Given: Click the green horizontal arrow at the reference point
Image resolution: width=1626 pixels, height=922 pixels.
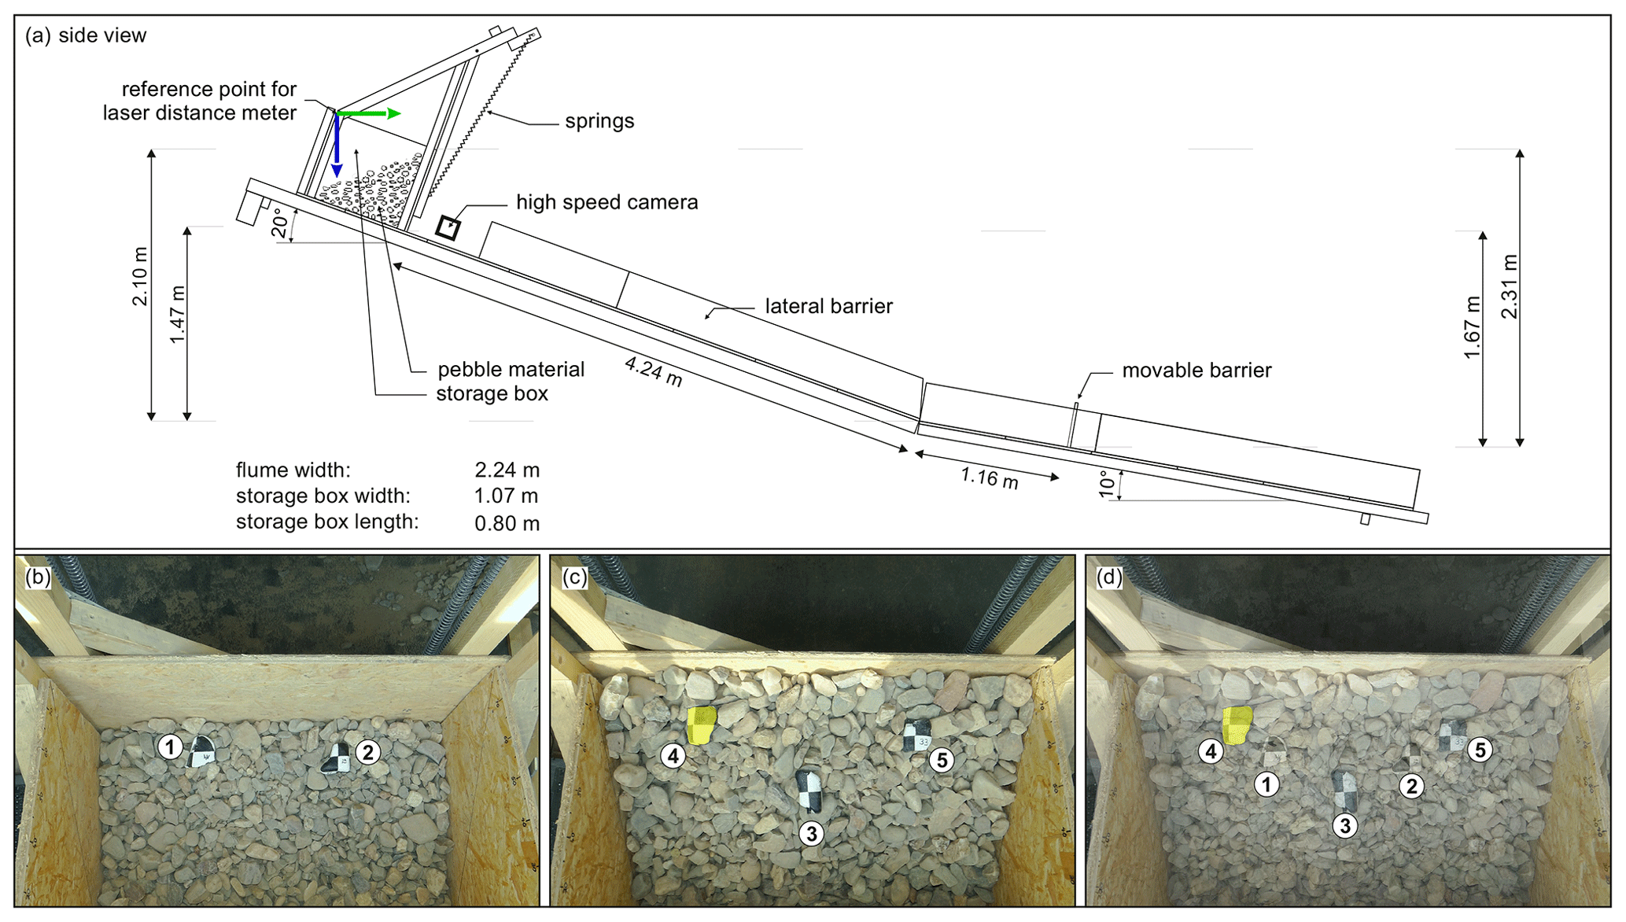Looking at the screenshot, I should [x=369, y=114].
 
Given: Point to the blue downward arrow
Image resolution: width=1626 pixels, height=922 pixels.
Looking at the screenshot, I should [x=337, y=146].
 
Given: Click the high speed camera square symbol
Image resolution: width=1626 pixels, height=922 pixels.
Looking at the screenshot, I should [x=448, y=227].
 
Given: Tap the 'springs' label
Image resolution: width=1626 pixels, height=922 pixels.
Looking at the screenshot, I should [x=599, y=121].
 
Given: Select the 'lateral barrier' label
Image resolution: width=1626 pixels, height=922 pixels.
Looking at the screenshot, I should [x=828, y=306].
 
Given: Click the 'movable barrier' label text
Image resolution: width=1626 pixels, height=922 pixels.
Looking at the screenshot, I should [x=1196, y=371].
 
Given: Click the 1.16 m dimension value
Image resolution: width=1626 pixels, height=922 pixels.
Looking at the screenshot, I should [x=989, y=478].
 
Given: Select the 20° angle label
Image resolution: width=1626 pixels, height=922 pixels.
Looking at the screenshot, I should [x=281, y=223].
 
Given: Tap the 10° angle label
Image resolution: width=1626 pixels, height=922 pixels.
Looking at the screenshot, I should [x=1108, y=484].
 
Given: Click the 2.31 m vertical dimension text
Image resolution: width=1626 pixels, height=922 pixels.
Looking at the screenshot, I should [x=1509, y=286].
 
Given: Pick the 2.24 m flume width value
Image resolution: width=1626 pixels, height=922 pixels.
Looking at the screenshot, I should [x=507, y=470].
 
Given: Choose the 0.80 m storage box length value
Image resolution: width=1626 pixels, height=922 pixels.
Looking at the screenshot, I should [x=507, y=523].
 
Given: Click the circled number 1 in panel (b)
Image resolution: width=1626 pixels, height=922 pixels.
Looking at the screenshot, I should [x=170, y=747].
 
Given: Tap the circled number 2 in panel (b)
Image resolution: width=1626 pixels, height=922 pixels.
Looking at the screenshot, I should [x=367, y=752].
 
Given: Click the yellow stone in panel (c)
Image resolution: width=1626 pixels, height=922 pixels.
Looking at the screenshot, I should [x=700, y=725].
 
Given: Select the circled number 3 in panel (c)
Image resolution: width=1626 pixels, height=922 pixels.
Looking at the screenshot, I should [x=811, y=833].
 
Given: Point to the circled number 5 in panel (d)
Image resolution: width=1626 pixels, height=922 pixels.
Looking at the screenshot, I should [x=1480, y=750].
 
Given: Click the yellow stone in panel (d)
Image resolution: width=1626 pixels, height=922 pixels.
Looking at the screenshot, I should [x=1237, y=725].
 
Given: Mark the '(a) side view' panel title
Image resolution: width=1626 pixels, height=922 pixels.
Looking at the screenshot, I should [x=86, y=36].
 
